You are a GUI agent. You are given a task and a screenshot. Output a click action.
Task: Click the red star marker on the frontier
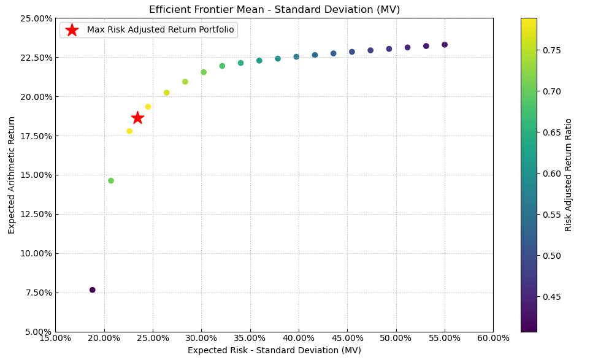point(137,118)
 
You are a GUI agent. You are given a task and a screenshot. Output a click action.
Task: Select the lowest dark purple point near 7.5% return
point(93,290)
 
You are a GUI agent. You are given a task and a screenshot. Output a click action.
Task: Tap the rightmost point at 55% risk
point(445,45)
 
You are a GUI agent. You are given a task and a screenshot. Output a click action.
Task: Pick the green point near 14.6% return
point(111,181)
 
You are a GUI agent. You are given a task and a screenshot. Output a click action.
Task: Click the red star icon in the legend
point(72,30)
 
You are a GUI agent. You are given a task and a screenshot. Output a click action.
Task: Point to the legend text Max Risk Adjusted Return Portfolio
point(160,30)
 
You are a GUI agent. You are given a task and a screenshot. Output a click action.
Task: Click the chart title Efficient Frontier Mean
point(274,10)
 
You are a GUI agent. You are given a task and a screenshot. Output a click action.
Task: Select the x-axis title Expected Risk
point(274,351)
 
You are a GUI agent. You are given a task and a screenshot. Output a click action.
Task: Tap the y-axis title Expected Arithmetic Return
point(12,175)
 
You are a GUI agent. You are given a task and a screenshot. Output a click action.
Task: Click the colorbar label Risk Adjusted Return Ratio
point(569,175)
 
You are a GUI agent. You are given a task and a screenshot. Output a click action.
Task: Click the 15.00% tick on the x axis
point(55,339)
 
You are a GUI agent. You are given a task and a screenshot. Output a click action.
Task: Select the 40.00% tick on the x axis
point(299,339)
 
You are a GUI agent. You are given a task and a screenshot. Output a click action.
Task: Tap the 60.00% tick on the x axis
point(493,339)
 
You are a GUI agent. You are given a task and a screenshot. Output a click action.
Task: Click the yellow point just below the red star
point(129,131)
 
